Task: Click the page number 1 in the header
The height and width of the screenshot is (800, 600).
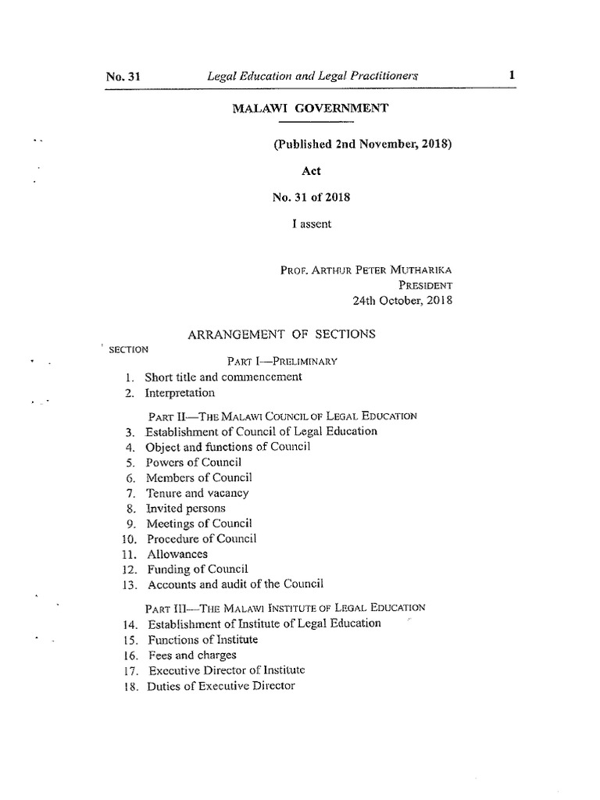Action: (511, 76)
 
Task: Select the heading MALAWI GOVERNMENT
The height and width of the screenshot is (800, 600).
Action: (310, 109)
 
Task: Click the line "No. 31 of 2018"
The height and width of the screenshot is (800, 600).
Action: (310, 198)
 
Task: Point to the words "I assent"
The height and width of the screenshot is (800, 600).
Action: (311, 224)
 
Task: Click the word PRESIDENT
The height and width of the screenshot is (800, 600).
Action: (426, 285)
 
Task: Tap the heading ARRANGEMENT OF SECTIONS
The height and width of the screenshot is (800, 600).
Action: (282, 334)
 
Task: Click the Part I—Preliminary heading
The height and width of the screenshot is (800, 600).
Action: (282, 362)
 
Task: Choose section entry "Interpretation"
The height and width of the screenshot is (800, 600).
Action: (180, 393)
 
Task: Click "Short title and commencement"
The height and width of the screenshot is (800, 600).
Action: (223, 377)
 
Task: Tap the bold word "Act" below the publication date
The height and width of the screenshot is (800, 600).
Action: (311, 171)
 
